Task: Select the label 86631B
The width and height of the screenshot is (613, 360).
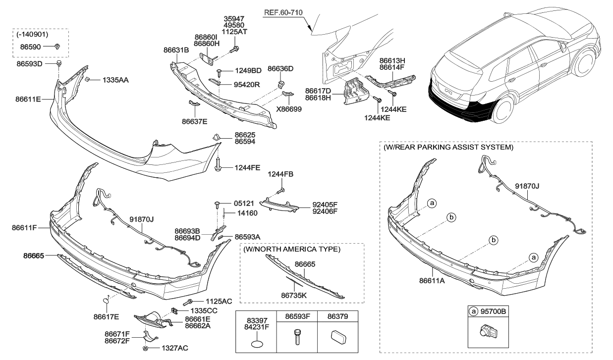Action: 176,50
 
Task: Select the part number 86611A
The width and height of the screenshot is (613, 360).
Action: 432,280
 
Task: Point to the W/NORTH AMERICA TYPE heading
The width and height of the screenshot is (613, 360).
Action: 291,249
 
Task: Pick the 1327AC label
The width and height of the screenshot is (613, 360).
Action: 174,348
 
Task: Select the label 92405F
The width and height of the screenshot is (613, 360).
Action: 325,204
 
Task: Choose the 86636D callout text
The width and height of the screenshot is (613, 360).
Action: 280,68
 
